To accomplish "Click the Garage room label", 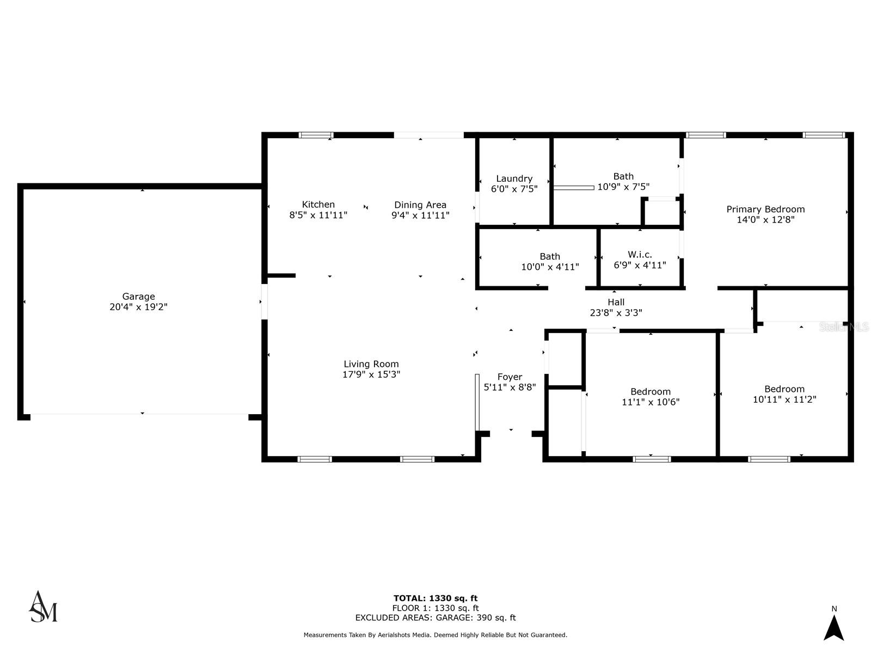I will [138, 297].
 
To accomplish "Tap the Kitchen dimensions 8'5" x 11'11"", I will [318, 215].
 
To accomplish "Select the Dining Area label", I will [420, 205].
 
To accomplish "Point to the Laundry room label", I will [514, 178].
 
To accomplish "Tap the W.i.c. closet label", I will [640, 255].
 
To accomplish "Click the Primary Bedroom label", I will [765, 209].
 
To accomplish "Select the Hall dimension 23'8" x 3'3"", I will [616, 313].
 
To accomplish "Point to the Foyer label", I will [510, 377].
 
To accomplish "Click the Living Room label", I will [371, 364].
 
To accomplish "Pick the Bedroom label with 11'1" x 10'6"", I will [651, 392].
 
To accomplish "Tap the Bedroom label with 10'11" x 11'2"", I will [784, 389].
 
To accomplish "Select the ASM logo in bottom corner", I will [43, 607].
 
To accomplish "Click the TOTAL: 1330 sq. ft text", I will [436, 598].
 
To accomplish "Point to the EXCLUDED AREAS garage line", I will [436, 618].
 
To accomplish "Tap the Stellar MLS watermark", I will [844, 326].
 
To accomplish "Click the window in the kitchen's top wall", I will [316, 135].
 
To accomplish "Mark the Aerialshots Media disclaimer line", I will [436, 635].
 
